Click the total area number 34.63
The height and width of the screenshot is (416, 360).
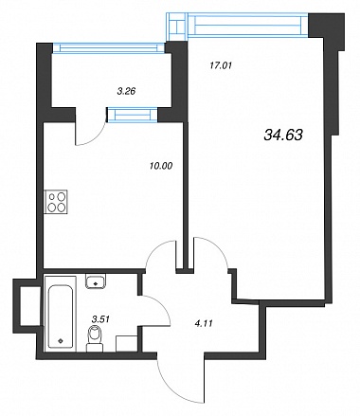tap(282, 136)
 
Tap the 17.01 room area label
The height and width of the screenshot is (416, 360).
tap(221, 65)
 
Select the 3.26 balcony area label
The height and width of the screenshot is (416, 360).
tap(126, 92)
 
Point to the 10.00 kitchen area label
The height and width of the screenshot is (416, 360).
tap(161, 166)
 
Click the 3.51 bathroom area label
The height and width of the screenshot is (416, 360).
tap(100, 319)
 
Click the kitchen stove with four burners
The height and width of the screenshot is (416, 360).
tap(56, 202)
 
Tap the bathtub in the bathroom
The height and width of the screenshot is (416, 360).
tap(61, 314)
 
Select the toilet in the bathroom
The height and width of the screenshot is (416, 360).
tap(95, 338)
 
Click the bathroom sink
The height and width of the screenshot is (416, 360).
tap(96, 280)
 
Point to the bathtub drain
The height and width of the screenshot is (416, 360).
tap(61, 341)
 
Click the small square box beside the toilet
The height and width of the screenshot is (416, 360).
tap(127, 344)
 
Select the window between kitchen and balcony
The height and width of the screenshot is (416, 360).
tap(133, 115)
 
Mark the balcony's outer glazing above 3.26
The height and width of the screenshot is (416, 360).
tap(108, 47)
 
